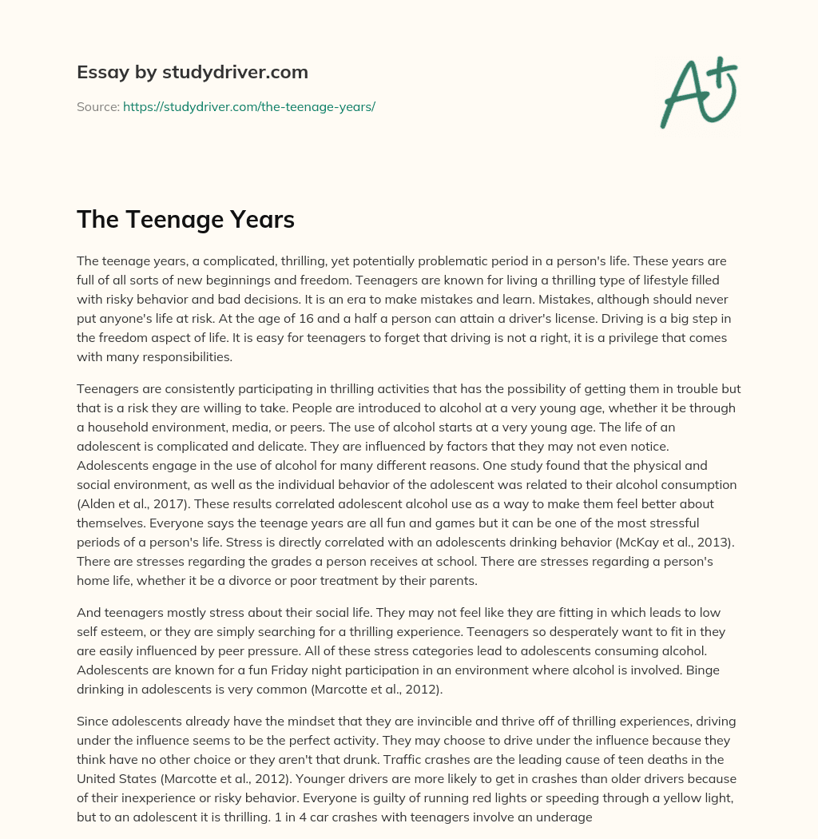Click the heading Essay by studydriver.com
point(192,72)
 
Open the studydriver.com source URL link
point(249,106)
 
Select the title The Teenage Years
point(185,221)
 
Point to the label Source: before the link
point(97,106)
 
